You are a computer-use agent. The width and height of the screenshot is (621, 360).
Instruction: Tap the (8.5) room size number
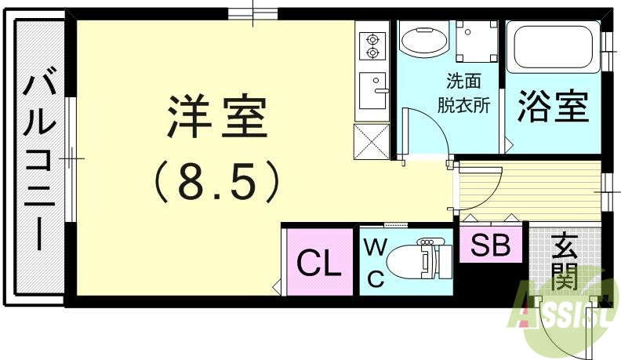[x=217, y=181]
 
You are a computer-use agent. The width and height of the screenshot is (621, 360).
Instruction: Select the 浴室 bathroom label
[x=553, y=107]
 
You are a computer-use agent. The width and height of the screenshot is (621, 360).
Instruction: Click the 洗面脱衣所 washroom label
[x=468, y=93]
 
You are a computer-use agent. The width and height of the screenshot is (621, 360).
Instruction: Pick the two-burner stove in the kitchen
[x=371, y=45]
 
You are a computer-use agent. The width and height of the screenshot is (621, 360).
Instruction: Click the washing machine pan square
[x=474, y=40]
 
